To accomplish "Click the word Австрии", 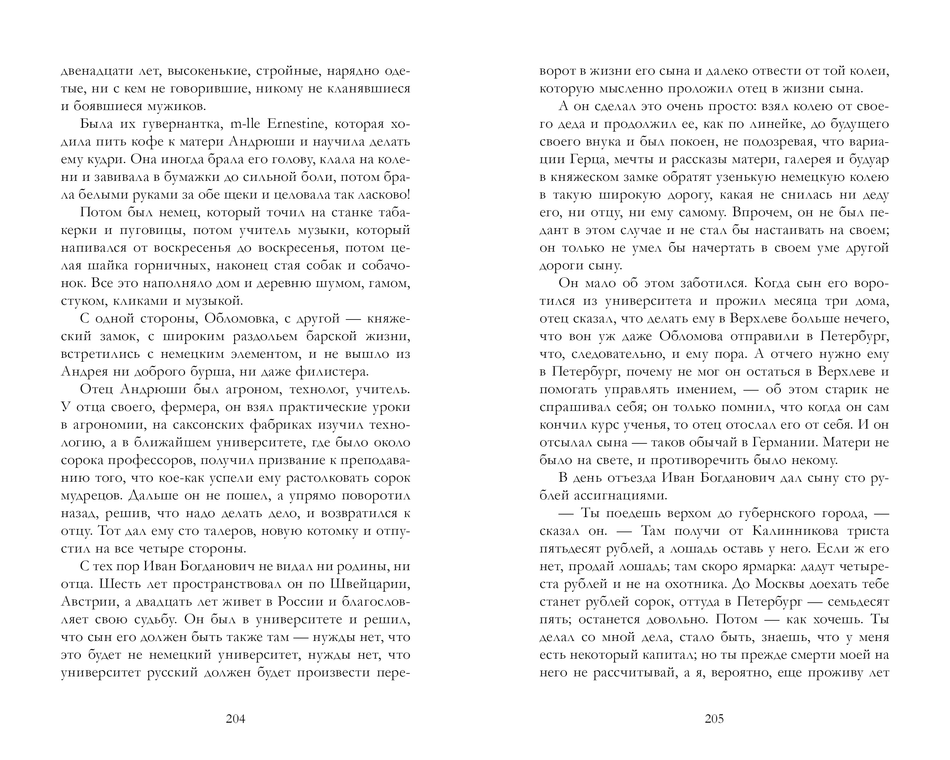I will (x=88, y=602).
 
